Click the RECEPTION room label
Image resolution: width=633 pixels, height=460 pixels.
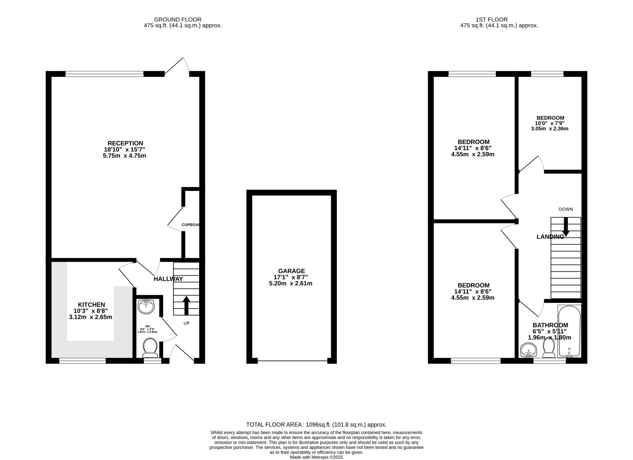point(125,143)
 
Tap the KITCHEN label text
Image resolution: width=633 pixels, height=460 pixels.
point(91,305)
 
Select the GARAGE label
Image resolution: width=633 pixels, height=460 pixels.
point(291,271)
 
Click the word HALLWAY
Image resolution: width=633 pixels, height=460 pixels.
point(168,279)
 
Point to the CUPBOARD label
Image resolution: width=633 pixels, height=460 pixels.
point(191,224)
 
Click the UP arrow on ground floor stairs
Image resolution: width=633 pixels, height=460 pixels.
point(186,306)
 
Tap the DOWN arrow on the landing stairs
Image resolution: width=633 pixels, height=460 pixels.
point(566,226)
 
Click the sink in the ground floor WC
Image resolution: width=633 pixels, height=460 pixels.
point(146,307)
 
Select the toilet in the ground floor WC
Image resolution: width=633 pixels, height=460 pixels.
point(150,348)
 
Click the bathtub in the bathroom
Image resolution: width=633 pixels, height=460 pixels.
point(569,331)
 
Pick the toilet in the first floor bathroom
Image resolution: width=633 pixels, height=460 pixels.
point(549,347)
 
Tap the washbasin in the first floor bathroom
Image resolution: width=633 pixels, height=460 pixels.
point(529,350)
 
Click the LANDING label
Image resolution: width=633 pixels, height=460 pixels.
point(550,237)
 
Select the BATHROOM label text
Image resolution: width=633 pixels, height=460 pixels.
point(550,325)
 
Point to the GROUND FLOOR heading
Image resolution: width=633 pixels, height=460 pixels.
point(178,20)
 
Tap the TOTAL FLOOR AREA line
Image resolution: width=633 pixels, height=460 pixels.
point(316,425)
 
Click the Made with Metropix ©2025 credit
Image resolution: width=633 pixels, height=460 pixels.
point(316,457)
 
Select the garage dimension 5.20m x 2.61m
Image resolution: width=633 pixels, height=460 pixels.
point(291,284)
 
